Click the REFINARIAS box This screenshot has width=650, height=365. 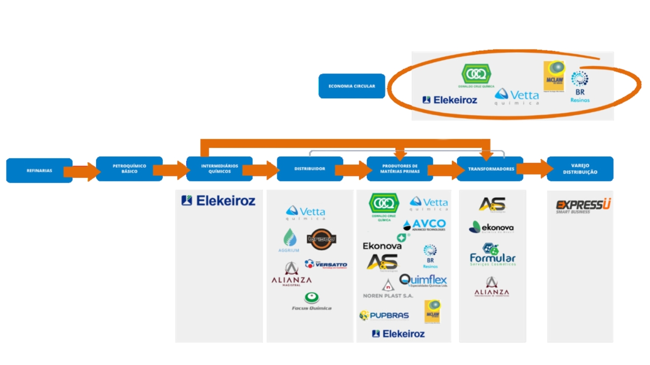click(39, 171)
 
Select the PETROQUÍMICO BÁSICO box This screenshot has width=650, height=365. click(129, 169)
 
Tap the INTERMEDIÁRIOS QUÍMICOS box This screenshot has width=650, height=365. click(219, 169)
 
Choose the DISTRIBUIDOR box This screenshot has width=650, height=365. click(310, 169)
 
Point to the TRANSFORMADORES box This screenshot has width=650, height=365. click(490, 169)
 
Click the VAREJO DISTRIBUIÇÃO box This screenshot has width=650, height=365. click(580, 169)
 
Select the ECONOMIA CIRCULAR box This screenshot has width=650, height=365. click(352, 86)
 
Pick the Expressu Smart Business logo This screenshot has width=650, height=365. click(583, 206)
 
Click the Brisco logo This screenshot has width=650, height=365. click(321, 239)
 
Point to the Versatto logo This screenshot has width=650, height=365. click(326, 264)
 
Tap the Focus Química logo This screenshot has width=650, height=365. click(312, 302)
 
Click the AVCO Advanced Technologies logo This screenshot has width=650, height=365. click(425, 225)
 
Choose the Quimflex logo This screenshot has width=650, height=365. click(423, 281)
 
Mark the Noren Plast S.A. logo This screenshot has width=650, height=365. click(388, 290)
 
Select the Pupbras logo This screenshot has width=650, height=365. click(384, 316)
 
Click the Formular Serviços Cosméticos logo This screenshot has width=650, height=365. click(492, 255)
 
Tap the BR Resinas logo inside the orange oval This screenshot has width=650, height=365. click(580, 87)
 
